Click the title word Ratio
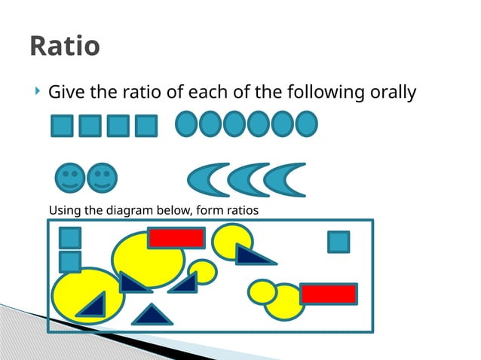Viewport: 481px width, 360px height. (65, 46)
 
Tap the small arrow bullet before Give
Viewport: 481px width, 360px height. (38, 93)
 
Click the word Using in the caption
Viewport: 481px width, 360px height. (64, 210)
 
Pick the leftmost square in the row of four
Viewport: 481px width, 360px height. (63, 126)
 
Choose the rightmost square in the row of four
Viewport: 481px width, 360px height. (146, 126)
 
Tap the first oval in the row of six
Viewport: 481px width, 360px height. (186, 124)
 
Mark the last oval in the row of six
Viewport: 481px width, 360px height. (306, 124)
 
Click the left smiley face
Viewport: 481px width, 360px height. (70, 178)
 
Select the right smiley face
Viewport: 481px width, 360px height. (102, 178)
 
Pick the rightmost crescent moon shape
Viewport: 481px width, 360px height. (288, 179)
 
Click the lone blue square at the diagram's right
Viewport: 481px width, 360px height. (339, 242)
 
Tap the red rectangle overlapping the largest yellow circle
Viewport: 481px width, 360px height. (176, 238)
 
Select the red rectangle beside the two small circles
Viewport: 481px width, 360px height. (329, 294)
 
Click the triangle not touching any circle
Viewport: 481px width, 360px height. (152, 315)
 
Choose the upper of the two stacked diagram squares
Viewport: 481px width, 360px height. (70, 238)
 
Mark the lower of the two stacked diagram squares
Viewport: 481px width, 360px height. (70, 261)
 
